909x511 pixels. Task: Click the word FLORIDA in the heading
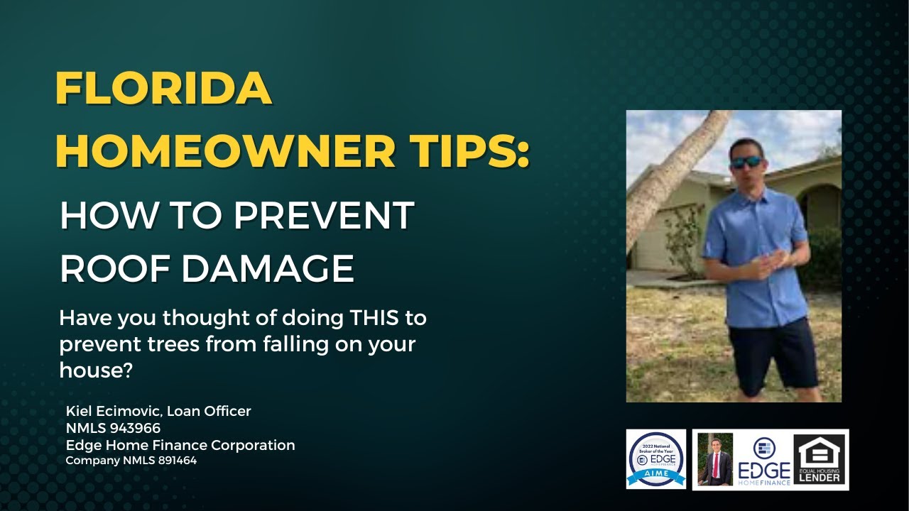tap(163, 89)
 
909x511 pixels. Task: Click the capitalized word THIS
tap(365, 318)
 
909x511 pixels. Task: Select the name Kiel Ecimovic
tap(113, 411)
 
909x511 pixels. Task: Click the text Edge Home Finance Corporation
tap(180, 445)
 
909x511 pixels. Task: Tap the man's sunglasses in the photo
tap(746, 162)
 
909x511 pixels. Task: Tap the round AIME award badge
tap(656, 459)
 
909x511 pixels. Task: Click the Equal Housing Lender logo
tap(820, 460)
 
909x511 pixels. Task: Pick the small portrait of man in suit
tap(714, 459)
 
